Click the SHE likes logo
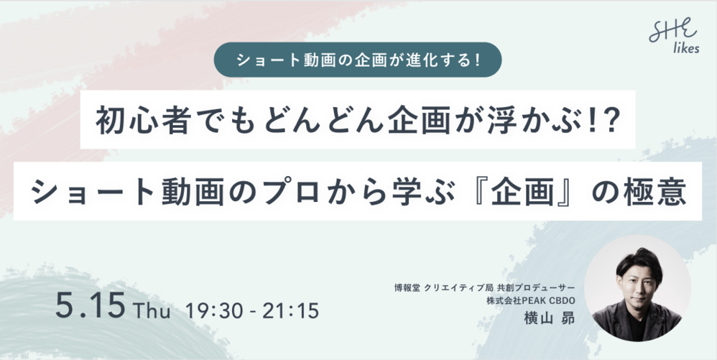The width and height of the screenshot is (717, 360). [x=674, y=37]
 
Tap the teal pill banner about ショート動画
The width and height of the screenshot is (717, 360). [x=358, y=60]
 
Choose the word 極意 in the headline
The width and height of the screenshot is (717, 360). [x=661, y=192]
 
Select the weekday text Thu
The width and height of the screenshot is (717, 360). [x=152, y=312]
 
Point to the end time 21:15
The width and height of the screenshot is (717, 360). [x=291, y=311]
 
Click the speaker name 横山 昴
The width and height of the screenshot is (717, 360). [x=549, y=318]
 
